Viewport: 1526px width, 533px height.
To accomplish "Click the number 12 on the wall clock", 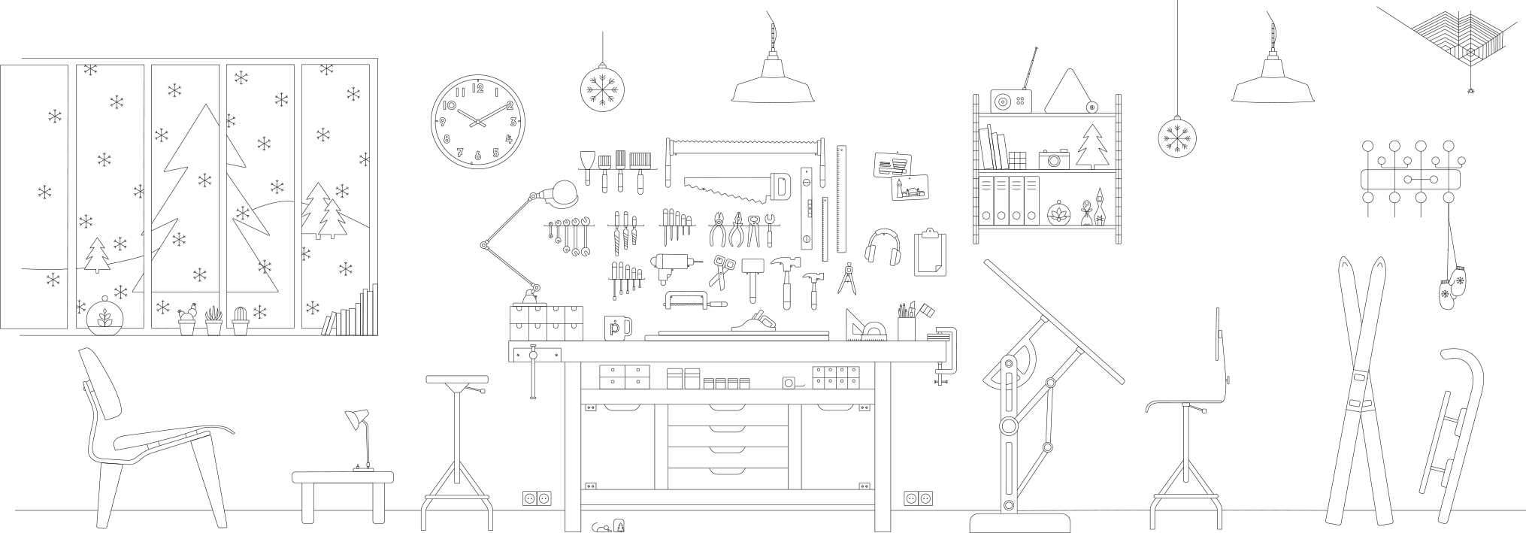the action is point(478,88).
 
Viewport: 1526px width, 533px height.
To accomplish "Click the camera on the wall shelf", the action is point(1054,159).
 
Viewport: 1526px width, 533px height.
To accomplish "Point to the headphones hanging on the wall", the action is point(883,247).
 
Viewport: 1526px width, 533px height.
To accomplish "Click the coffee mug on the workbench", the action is point(617,328).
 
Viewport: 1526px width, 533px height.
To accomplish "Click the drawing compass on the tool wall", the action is point(847,279).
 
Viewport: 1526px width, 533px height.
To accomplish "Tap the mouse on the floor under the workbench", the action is point(602,528).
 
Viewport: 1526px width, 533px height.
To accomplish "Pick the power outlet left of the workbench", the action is point(537,498).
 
